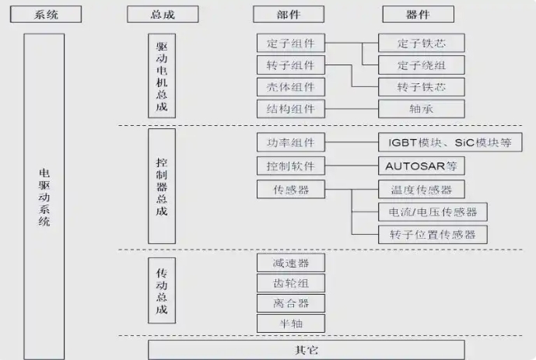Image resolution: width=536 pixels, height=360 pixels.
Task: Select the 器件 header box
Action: [418, 14]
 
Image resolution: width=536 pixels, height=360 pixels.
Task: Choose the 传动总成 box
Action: [162, 291]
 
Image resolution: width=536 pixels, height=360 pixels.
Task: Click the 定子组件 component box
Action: [290, 43]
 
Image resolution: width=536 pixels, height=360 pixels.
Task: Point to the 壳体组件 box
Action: [290, 86]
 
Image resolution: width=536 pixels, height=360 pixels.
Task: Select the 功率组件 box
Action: [290, 143]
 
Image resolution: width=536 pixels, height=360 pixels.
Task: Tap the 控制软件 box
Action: [290, 166]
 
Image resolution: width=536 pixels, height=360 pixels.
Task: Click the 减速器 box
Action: [290, 263]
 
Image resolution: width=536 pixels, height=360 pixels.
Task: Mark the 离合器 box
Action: [290, 303]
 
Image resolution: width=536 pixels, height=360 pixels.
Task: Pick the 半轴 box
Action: [290, 323]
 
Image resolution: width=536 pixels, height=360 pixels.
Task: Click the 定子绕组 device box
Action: [421, 65]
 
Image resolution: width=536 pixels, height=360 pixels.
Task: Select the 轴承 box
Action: [421, 109]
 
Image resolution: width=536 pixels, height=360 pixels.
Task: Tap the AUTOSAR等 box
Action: [421, 166]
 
